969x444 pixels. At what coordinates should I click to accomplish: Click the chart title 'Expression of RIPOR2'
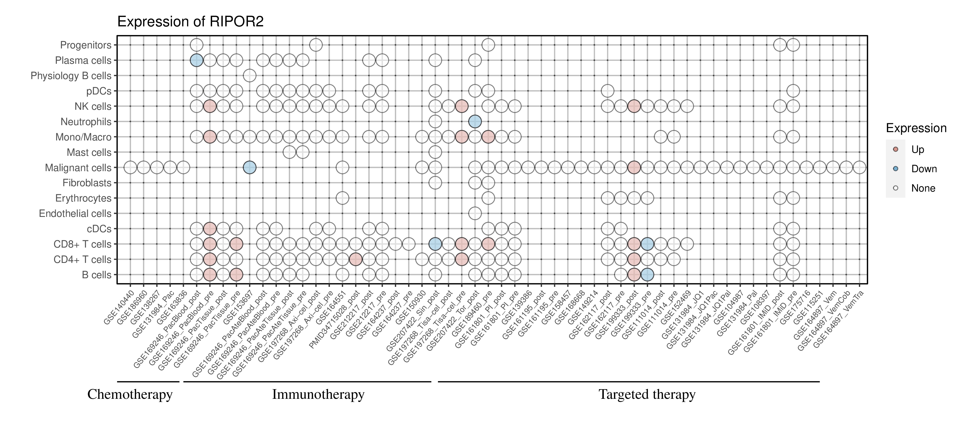pyautogui.click(x=190, y=22)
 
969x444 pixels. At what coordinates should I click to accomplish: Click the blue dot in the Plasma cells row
pyautogui.click(x=196, y=60)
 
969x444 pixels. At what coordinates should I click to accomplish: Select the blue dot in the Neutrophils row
pyautogui.click(x=475, y=121)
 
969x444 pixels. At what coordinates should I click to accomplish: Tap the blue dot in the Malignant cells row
pyautogui.click(x=250, y=167)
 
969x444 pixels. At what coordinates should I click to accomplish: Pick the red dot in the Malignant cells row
pyautogui.click(x=634, y=167)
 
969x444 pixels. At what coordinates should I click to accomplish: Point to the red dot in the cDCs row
pyautogui.click(x=209, y=228)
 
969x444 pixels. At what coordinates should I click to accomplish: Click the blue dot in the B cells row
pyautogui.click(x=647, y=275)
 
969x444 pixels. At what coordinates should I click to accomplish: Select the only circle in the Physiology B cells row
pyautogui.click(x=250, y=76)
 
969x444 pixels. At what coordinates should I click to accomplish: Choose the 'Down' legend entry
pyautogui.click(x=924, y=169)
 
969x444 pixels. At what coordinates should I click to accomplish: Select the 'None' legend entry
pyautogui.click(x=923, y=188)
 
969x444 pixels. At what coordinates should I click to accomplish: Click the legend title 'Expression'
pyautogui.click(x=916, y=128)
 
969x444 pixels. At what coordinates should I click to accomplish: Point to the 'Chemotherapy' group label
pyautogui.click(x=130, y=394)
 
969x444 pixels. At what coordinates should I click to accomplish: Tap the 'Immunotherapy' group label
pyautogui.click(x=318, y=394)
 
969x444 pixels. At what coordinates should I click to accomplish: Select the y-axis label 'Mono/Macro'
pyautogui.click(x=83, y=137)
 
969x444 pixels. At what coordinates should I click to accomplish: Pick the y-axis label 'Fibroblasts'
pyautogui.click(x=87, y=183)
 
